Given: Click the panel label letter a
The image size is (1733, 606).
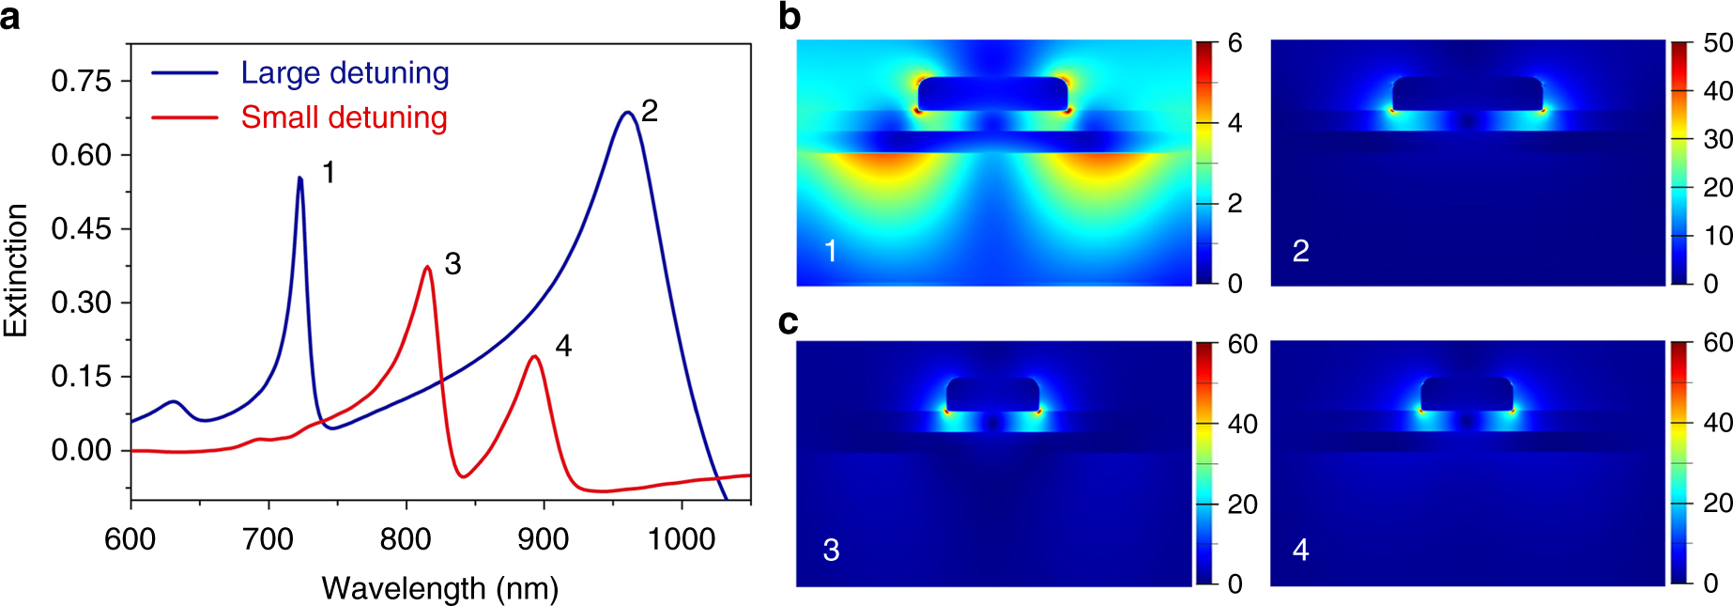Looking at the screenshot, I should pyautogui.click(x=10, y=17).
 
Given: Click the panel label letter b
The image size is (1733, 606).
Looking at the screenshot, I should pyautogui.click(x=790, y=17).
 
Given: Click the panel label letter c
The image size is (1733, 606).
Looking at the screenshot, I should pyautogui.click(x=789, y=322).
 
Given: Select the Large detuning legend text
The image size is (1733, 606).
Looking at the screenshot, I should pyautogui.click(x=345, y=73).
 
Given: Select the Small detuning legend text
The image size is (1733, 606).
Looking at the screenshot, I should pyautogui.click(x=344, y=117).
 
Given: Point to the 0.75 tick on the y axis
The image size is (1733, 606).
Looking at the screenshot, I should pyautogui.click(x=81, y=81).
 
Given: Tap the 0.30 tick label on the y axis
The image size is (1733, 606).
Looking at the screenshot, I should pyautogui.click(x=81, y=303).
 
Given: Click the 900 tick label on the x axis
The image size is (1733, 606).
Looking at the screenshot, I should pyautogui.click(x=544, y=539).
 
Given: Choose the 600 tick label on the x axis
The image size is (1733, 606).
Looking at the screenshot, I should pyautogui.click(x=130, y=539).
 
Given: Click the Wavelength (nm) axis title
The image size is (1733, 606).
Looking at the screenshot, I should pyautogui.click(x=440, y=588).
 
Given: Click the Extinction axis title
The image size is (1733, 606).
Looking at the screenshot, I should pyautogui.click(x=16, y=271).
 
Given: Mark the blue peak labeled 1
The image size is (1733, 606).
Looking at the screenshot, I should pyautogui.click(x=299, y=178).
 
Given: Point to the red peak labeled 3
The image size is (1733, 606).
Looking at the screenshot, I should pyautogui.click(x=427, y=267).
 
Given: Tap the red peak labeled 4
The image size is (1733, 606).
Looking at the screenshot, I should pyautogui.click(x=534, y=356).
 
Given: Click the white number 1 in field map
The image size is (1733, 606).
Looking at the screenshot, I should pyautogui.click(x=830, y=251).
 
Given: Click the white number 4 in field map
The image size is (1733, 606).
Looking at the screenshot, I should pyautogui.click(x=1300, y=550).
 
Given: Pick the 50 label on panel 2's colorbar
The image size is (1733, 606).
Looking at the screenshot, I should pyautogui.click(x=1717, y=43).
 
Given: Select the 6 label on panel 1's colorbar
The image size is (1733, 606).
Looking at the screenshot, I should pyautogui.click(x=1235, y=43).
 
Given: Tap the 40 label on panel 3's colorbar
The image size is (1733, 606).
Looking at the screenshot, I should pyautogui.click(x=1242, y=425).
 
